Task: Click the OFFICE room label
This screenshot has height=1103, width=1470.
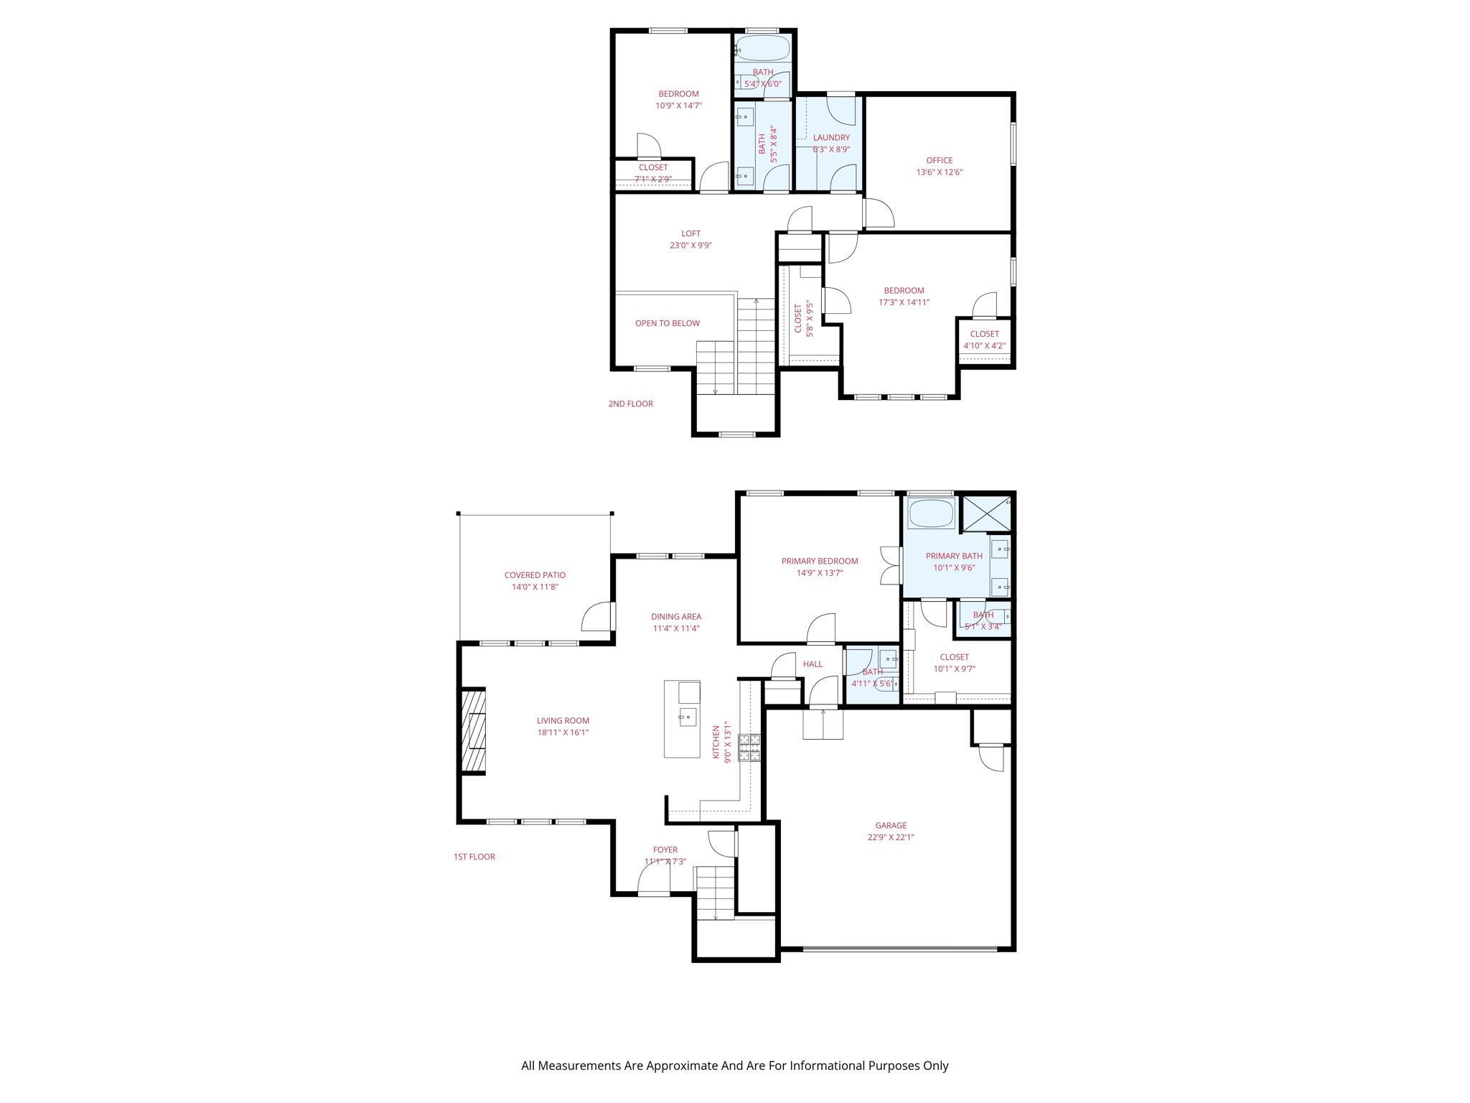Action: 939,160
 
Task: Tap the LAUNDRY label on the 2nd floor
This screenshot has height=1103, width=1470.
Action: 831,137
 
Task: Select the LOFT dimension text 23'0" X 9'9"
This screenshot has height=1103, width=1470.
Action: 690,246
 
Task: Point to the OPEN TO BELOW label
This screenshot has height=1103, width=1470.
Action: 667,323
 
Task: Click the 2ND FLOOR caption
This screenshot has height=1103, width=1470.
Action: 630,404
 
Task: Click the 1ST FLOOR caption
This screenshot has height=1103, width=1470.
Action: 474,857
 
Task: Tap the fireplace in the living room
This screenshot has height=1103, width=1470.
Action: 474,731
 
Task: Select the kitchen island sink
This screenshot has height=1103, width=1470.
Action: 687,717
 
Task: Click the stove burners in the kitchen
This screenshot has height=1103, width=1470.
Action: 749,748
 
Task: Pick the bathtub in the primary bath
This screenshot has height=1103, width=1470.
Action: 930,513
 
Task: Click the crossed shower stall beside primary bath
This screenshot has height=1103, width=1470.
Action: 986,513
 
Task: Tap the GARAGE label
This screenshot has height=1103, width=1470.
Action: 891,825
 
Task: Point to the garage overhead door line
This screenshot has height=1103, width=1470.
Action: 899,949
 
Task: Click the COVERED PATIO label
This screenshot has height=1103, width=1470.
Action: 535,575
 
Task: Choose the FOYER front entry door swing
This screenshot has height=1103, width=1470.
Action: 653,878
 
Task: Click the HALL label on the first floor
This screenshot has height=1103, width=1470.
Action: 813,664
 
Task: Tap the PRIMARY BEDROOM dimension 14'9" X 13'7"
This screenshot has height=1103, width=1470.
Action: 819,573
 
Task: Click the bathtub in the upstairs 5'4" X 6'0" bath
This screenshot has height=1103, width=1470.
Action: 762,49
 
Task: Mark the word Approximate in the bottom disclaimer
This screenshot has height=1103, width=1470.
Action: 681,1066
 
